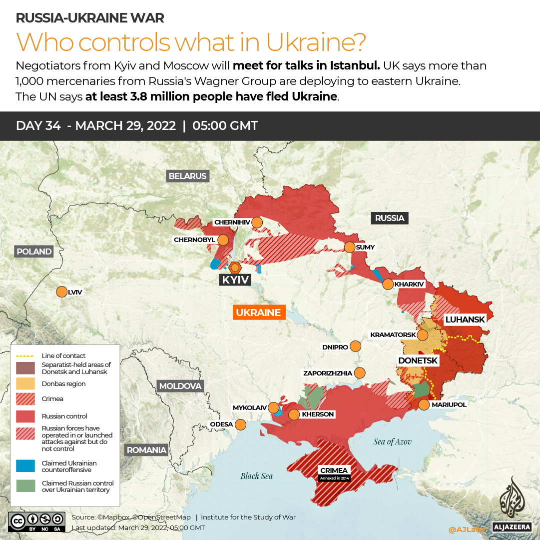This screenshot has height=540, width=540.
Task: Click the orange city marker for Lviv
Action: pos(62,292)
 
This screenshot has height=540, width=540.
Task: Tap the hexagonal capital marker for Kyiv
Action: pos(235,267)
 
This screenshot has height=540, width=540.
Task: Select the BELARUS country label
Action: pos(187,176)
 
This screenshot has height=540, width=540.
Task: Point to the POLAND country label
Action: pos(33,251)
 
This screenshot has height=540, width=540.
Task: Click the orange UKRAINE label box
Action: pos(258,312)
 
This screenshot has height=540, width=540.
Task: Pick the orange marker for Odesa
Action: pos(240,424)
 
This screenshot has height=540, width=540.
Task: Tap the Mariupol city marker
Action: pos(424,404)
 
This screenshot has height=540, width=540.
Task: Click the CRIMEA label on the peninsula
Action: pos(334,470)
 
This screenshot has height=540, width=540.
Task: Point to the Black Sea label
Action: pos(256,475)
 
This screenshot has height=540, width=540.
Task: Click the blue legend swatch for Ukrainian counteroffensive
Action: pos(25,466)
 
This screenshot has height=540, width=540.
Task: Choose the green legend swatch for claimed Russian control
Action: pos(25,486)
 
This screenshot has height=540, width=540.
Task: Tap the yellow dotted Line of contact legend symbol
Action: pos(25,356)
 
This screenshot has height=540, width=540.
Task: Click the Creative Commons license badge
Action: pos(36,521)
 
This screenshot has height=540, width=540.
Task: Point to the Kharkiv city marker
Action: pos(388,284)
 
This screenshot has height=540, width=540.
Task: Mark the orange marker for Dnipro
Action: pos(355,346)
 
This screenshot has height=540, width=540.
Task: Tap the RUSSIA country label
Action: pos(390,218)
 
